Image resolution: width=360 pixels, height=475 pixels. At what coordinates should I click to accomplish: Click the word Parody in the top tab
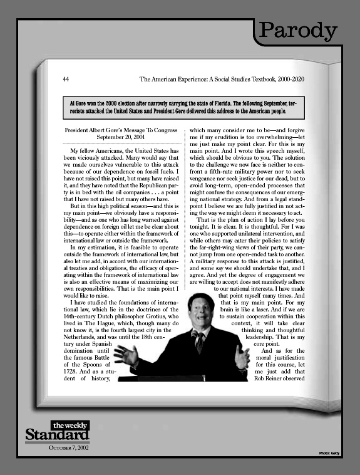pyautogui.click(x=298, y=30)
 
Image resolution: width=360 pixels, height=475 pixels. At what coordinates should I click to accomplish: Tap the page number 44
pyautogui.click(x=66, y=80)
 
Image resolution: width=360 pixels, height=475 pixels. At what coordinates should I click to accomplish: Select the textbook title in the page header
pyautogui.click(x=222, y=80)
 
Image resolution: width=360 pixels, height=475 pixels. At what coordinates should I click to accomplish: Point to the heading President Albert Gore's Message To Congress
pyautogui.click(x=121, y=130)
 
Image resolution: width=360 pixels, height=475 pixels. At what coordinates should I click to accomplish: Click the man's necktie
pyautogui.click(x=200, y=342)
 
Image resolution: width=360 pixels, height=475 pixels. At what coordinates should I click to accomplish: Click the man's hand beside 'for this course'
pyautogui.click(x=241, y=357)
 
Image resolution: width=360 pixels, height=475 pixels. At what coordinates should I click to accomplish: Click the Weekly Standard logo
pyautogui.click(x=58, y=432)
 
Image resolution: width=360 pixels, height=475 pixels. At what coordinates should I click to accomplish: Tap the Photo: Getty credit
pyautogui.click(x=329, y=452)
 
